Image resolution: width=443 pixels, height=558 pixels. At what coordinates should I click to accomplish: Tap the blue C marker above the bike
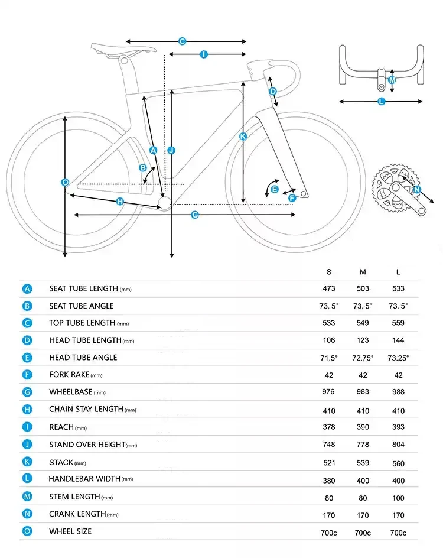coord(183,41)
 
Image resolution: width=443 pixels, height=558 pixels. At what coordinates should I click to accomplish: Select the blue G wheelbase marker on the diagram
coord(195,215)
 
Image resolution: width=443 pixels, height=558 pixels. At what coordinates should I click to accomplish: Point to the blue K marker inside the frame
coord(243,137)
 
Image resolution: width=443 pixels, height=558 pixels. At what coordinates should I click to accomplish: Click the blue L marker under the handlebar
coord(381,102)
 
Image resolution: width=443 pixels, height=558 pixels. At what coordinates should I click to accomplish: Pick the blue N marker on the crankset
coord(417,190)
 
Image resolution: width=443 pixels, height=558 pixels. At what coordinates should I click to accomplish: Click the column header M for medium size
coord(363,272)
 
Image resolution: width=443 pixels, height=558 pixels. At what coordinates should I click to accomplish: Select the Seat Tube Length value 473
coord(329,288)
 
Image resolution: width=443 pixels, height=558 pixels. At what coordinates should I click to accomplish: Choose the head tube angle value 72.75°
coord(363,358)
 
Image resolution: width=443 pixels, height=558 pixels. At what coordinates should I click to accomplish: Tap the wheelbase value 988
coord(398,392)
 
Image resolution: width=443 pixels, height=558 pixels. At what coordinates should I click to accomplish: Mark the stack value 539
coord(363,463)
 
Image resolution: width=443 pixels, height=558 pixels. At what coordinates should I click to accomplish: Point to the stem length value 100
coord(398,498)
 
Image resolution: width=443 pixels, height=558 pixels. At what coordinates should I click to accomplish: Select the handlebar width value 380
coord(329,481)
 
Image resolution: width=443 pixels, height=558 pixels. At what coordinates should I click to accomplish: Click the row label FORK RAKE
coord(69,375)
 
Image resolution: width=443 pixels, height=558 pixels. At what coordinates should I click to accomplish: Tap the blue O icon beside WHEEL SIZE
coord(27,531)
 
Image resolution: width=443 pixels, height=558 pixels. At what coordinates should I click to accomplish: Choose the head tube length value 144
coord(398,340)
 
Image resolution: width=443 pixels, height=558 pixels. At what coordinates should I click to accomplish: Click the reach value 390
coord(363,427)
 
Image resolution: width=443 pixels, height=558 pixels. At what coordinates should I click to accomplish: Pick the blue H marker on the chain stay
coord(120,202)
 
